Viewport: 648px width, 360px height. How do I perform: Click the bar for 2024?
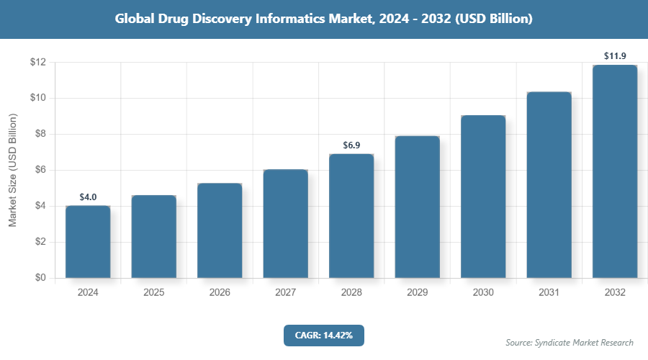[x=88, y=242]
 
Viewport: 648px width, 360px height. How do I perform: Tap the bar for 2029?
[x=417, y=207]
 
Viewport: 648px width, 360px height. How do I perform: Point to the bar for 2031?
[x=549, y=185]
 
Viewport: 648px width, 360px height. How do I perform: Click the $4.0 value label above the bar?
[x=88, y=197]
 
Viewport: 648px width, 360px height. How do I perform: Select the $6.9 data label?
[x=351, y=145]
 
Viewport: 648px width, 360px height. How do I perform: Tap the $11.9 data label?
[x=615, y=55]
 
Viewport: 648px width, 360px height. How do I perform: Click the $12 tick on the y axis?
[x=38, y=63]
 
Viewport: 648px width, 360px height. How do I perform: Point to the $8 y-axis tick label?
[x=40, y=134]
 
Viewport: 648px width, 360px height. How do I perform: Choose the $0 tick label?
[x=40, y=278]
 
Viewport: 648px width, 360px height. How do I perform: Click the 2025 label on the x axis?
[x=153, y=293]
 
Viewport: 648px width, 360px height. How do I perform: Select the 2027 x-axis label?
[x=285, y=293]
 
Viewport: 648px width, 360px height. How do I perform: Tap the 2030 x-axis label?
[x=483, y=293]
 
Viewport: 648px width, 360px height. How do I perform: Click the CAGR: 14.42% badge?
[x=324, y=335]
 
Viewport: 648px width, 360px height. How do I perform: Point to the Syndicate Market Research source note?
[x=570, y=342]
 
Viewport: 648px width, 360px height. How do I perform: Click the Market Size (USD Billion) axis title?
[x=12, y=171]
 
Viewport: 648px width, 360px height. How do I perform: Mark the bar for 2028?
[x=351, y=216]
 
